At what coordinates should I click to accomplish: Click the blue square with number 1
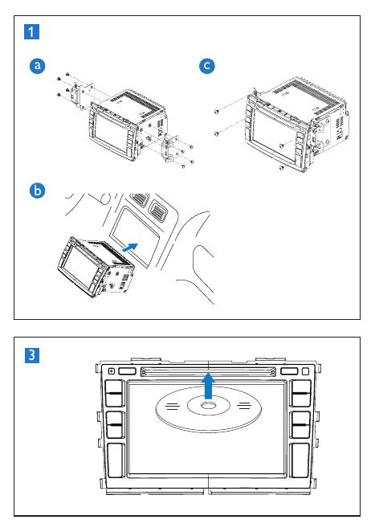coord(31,31)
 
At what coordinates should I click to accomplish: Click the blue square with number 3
coord(32,355)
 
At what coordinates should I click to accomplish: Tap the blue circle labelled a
coord(37,65)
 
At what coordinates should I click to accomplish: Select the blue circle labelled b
coord(37,190)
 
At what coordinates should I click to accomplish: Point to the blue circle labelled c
coord(207,65)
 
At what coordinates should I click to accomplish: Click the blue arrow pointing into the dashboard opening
coord(130,248)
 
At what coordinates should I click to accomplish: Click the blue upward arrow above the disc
coord(209,386)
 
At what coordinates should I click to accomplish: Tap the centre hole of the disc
coord(209,405)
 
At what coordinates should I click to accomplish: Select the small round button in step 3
coord(111,371)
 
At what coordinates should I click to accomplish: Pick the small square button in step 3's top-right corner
coord(305,371)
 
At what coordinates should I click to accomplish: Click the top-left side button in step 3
coord(115,393)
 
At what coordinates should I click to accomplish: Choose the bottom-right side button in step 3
coord(300,460)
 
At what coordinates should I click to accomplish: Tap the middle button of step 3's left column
coord(115,425)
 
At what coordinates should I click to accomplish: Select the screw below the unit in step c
coord(281,168)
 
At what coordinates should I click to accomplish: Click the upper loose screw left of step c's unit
coord(216,111)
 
